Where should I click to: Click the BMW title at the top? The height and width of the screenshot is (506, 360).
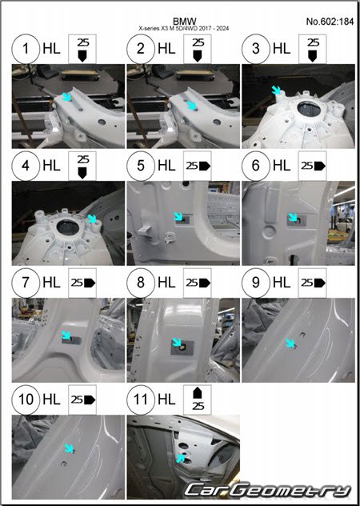[184, 22]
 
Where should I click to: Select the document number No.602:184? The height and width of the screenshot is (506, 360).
[330, 22]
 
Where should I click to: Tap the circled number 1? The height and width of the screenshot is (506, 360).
[26, 49]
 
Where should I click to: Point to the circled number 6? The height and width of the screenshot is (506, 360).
[256, 166]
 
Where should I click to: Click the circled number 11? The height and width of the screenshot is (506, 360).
[141, 400]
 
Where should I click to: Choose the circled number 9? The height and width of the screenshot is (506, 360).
[256, 283]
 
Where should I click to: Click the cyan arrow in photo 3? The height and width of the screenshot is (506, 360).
[277, 90]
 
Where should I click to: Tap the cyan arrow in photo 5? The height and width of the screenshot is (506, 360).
[178, 216]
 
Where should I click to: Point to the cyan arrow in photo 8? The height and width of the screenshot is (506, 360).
[177, 342]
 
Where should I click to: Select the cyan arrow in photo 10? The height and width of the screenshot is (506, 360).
[69, 448]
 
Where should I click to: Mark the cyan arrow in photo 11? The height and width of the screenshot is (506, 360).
[181, 458]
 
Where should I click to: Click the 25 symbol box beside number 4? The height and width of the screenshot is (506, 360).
[82, 166]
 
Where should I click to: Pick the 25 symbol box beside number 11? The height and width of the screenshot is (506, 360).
[198, 400]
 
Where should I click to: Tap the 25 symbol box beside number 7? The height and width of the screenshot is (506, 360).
[82, 283]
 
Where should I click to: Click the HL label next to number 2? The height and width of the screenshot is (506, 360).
[166, 49]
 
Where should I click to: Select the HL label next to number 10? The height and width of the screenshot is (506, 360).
[52, 400]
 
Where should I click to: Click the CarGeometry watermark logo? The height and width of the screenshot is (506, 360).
[267, 490]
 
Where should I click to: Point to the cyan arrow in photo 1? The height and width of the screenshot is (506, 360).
[66, 97]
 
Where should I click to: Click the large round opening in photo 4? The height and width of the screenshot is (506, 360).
[68, 227]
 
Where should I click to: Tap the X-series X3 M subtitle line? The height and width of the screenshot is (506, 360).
[184, 28]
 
